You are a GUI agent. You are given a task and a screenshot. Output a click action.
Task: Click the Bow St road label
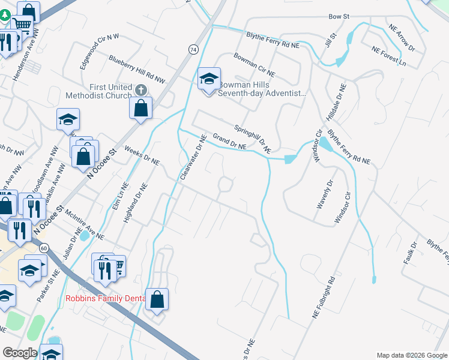point(339,17)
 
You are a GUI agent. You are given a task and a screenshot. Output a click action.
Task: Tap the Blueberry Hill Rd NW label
point(137,68)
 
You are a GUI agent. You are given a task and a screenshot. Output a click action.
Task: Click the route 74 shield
point(193,49)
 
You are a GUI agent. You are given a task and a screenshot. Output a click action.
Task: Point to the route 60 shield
point(44,247)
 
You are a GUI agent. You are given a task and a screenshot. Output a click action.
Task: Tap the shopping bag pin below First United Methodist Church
point(140,109)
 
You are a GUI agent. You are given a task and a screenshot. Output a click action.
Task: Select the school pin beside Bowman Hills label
point(209,79)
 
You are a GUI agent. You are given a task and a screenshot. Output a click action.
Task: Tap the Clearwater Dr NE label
point(193,157)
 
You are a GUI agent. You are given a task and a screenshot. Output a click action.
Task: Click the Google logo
point(20,353)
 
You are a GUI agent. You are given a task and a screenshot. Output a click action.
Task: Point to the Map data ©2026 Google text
point(411,355)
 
